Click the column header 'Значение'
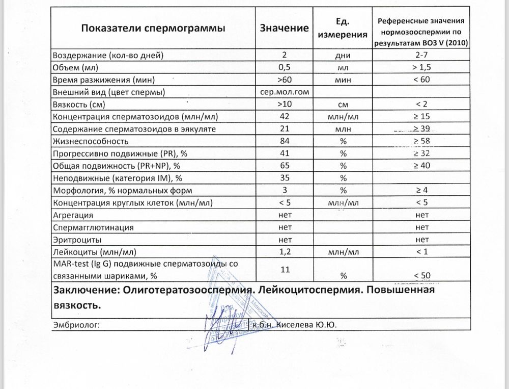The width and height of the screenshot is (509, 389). [x=285, y=28]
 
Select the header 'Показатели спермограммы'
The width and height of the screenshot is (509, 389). [x=153, y=28]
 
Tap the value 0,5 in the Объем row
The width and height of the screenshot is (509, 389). [x=285, y=67]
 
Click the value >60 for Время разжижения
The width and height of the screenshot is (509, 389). [x=285, y=80]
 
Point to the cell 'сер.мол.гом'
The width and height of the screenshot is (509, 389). [x=285, y=92]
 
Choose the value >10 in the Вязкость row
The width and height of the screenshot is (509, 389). [x=285, y=105]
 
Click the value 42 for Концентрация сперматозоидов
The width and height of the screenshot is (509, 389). [x=285, y=117]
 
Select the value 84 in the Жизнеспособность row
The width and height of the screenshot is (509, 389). [x=285, y=141]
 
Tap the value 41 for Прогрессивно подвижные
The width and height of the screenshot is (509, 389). [x=285, y=153]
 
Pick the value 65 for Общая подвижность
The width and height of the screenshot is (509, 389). [x=285, y=166]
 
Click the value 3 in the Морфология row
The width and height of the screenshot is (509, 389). [x=285, y=190]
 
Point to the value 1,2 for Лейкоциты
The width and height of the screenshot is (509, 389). [x=285, y=251]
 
